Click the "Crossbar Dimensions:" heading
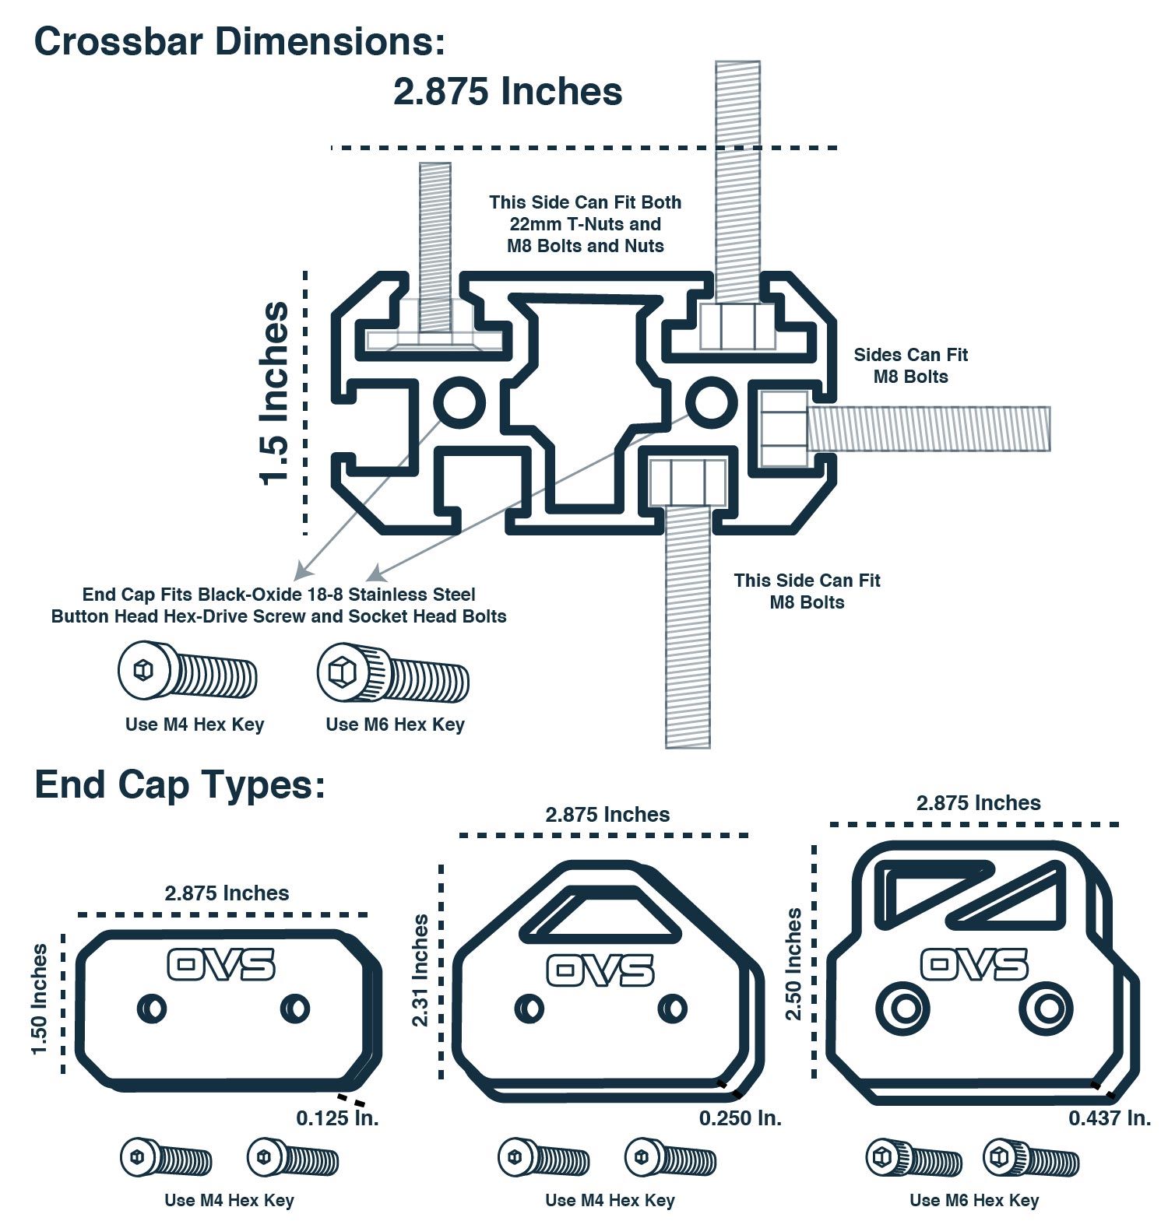tap(240, 40)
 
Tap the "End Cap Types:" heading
tap(179, 785)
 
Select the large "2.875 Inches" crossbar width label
tap(508, 91)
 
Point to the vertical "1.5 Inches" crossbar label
tap(275, 394)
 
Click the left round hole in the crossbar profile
tap(459, 402)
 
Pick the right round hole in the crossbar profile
tap(710, 402)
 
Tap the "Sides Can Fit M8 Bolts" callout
tap(911, 366)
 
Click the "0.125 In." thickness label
tap(337, 1118)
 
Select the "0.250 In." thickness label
tap(740, 1118)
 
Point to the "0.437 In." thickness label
tap(1110, 1118)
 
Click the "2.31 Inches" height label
tap(420, 970)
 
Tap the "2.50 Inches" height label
tap(793, 963)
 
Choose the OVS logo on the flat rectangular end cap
tap(222, 965)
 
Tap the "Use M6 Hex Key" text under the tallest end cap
tap(974, 1200)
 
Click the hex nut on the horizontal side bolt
tap(783, 429)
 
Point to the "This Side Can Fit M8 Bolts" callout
tap(807, 591)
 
